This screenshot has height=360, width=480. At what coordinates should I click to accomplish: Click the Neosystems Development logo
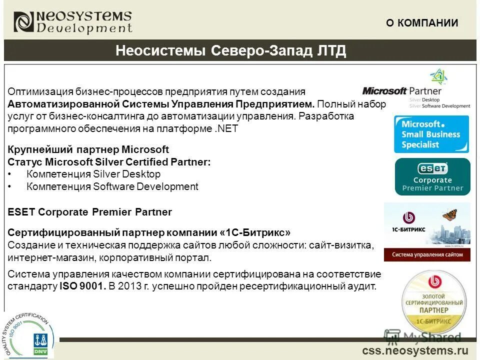tap(73, 22)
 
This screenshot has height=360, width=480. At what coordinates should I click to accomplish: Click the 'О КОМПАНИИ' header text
tap(421, 22)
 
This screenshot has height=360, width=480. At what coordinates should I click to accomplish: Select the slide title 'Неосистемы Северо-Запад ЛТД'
tap(230, 51)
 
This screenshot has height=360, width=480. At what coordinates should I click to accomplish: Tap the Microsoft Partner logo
tap(416, 91)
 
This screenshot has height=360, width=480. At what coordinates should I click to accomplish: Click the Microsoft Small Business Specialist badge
tap(431, 134)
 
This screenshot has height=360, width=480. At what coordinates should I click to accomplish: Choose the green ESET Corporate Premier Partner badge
tap(432, 176)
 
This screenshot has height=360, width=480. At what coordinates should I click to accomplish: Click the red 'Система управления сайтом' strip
tap(427, 254)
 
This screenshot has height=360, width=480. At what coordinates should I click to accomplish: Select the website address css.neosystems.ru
tap(415, 350)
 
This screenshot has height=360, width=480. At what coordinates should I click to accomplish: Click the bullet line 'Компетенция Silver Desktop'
tap(93, 174)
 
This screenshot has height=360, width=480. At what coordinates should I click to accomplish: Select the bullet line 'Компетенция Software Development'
tap(112, 186)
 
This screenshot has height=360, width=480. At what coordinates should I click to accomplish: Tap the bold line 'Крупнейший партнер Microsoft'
tap(88, 149)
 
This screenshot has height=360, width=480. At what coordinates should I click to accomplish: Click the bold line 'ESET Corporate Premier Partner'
tap(90, 212)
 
